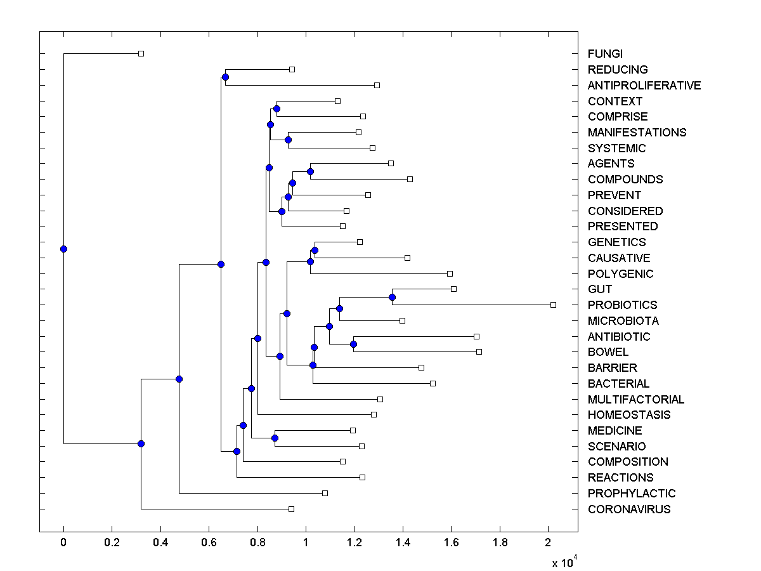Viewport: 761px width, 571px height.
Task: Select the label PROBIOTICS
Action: pyautogui.click(x=622, y=305)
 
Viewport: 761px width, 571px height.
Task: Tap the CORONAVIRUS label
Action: pyautogui.click(x=628, y=509)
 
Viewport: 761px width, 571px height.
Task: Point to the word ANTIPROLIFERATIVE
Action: pyautogui.click(x=644, y=86)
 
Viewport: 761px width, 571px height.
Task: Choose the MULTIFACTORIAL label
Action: pyautogui.click(x=636, y=400)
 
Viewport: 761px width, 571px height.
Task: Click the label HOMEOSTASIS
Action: pyautogui.click(x=629, y=415)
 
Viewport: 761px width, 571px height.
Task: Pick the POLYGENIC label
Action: pyautogui.click(x=620, y=274)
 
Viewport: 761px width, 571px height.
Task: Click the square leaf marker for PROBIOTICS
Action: pyautogui.click(x=553, y=305)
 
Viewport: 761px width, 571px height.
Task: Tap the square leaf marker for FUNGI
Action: pyautogui.click(x=141, y=54)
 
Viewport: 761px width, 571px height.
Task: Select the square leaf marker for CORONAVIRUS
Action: pyautogui.click(x=291, y=509)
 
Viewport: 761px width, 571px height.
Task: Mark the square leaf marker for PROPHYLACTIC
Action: pyautogui.click(x=325, y=493)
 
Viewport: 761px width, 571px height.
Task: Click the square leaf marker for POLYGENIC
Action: pyautogui.click(x=450, y=273)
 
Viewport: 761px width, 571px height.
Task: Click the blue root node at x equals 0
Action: pyautogui.click(x=63, y=249)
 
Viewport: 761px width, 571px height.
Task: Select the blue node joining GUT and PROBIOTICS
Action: pyautogui.click(x=392, y=297)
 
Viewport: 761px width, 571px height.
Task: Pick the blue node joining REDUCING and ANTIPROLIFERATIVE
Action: pyautogui.click(x=225, y=77)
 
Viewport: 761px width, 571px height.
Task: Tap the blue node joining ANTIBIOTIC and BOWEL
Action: pyautogui.click(x=353, y=344)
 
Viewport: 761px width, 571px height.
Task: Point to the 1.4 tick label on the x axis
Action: pyautogui.click(x=403, y=542)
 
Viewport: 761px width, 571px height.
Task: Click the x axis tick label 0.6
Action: pyautogui.click(x=209, y=542)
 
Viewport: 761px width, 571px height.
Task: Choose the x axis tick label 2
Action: pyautogui.click(x=549, y=542)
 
